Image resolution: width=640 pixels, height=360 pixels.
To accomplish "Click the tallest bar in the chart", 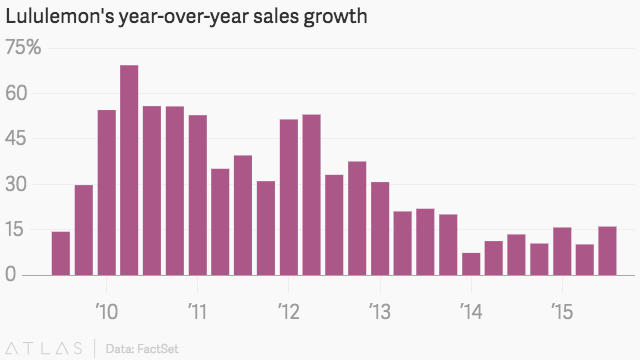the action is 129,170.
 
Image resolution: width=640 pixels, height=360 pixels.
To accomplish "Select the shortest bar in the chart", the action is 471,264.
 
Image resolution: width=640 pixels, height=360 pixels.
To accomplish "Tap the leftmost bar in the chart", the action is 61,253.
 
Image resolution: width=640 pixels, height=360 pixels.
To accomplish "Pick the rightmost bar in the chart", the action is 607,251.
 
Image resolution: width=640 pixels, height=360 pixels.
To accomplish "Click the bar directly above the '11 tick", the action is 198,195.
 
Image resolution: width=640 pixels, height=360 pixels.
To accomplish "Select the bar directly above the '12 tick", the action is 289,197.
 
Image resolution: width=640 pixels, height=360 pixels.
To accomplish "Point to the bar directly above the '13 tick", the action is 380,229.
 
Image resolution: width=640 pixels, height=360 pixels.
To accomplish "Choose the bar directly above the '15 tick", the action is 562,251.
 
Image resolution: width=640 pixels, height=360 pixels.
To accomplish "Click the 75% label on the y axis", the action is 23,47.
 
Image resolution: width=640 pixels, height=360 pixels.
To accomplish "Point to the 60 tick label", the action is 16,93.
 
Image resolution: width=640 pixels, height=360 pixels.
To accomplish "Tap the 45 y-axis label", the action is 16,138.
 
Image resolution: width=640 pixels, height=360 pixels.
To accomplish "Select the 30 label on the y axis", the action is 16,184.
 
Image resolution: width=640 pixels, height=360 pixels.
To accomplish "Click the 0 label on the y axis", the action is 11,274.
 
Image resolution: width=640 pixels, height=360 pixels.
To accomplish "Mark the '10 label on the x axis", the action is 107,311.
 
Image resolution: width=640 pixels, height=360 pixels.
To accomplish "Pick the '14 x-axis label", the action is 471,311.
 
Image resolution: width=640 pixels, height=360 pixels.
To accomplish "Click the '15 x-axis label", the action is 562,311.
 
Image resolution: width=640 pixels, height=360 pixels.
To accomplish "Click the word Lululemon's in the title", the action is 60,16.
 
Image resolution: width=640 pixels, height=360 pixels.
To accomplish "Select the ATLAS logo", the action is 44,349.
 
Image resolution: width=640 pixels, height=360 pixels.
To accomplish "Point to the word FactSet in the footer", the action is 158,349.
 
